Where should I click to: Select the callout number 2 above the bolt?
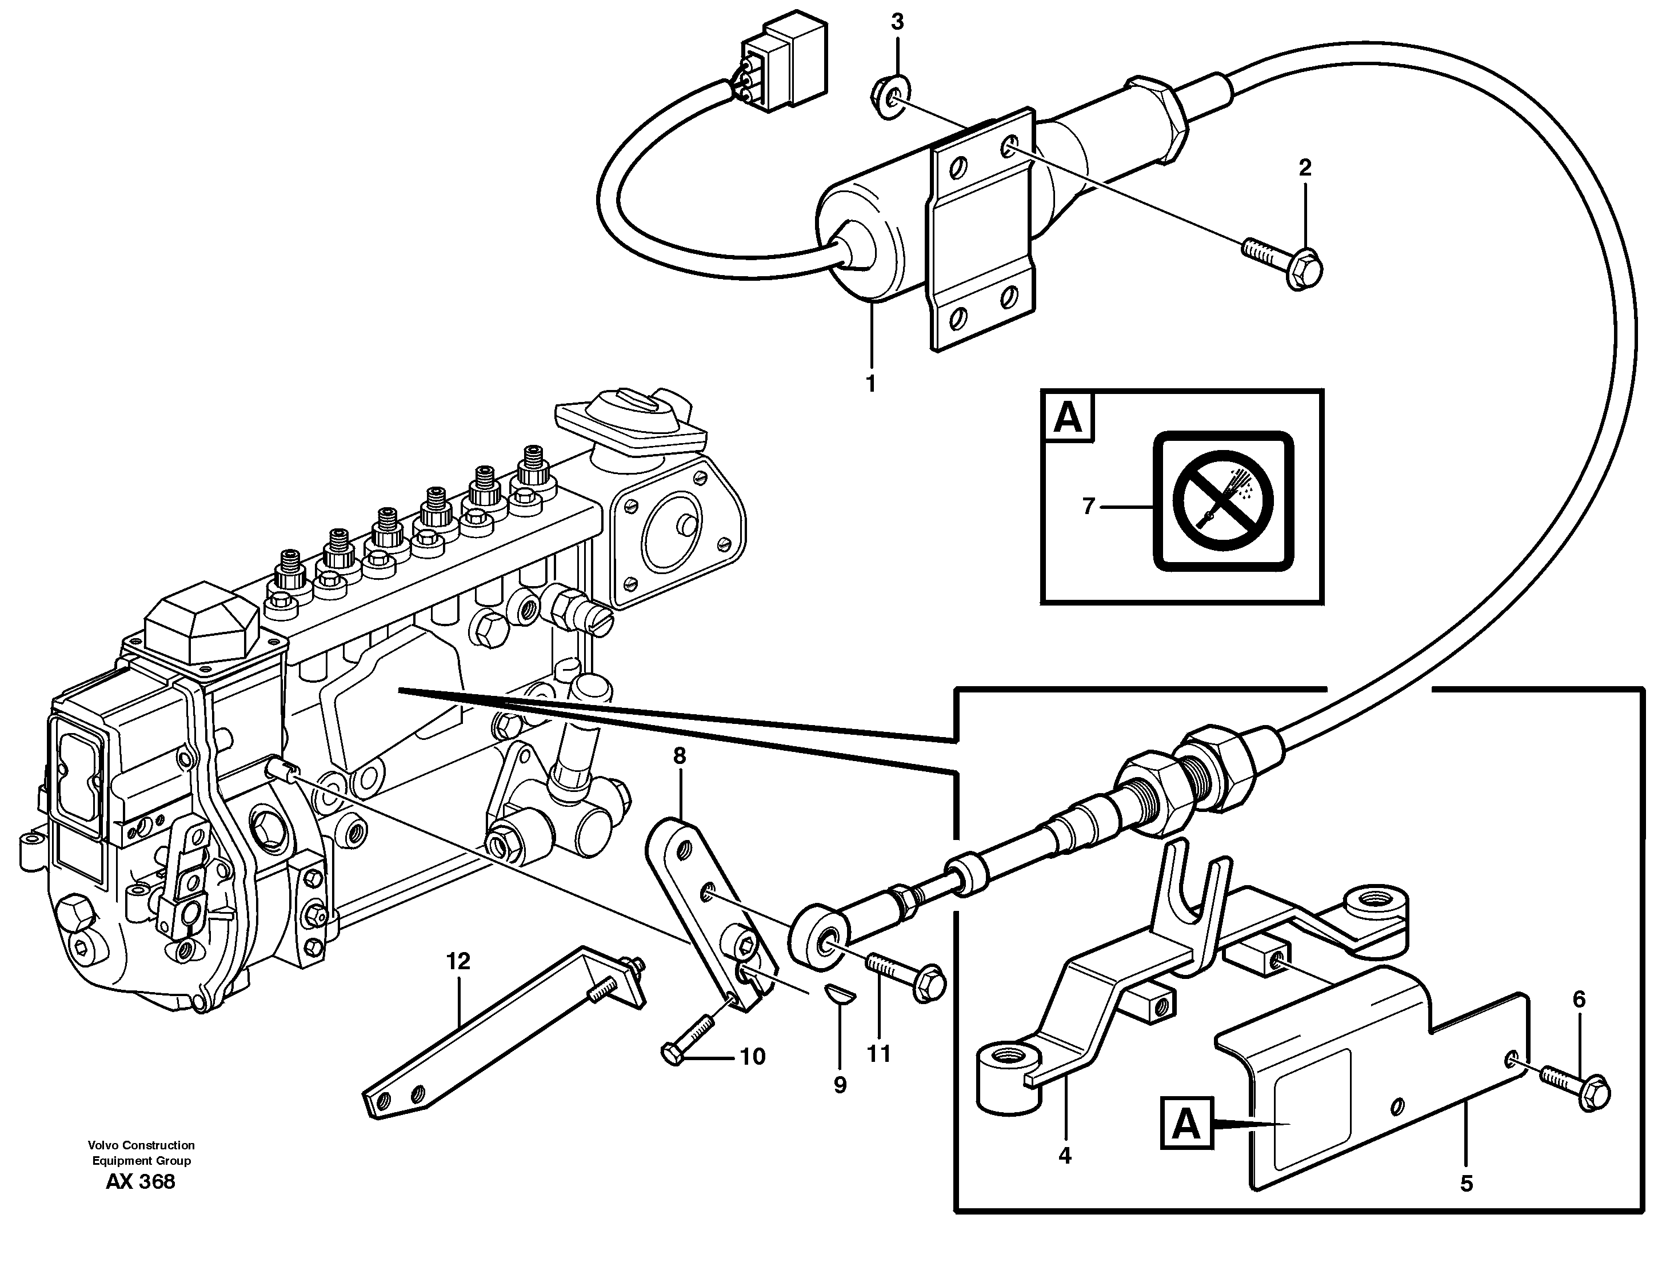(1305, 168)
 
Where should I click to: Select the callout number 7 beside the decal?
(1088, 506)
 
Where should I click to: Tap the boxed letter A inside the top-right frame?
(1068, 417)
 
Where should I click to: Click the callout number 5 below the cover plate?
(1466, 1183)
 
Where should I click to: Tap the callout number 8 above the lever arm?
(679, 755)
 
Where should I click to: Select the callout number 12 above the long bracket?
(458, 961)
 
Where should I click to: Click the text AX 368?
(141, 1181)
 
